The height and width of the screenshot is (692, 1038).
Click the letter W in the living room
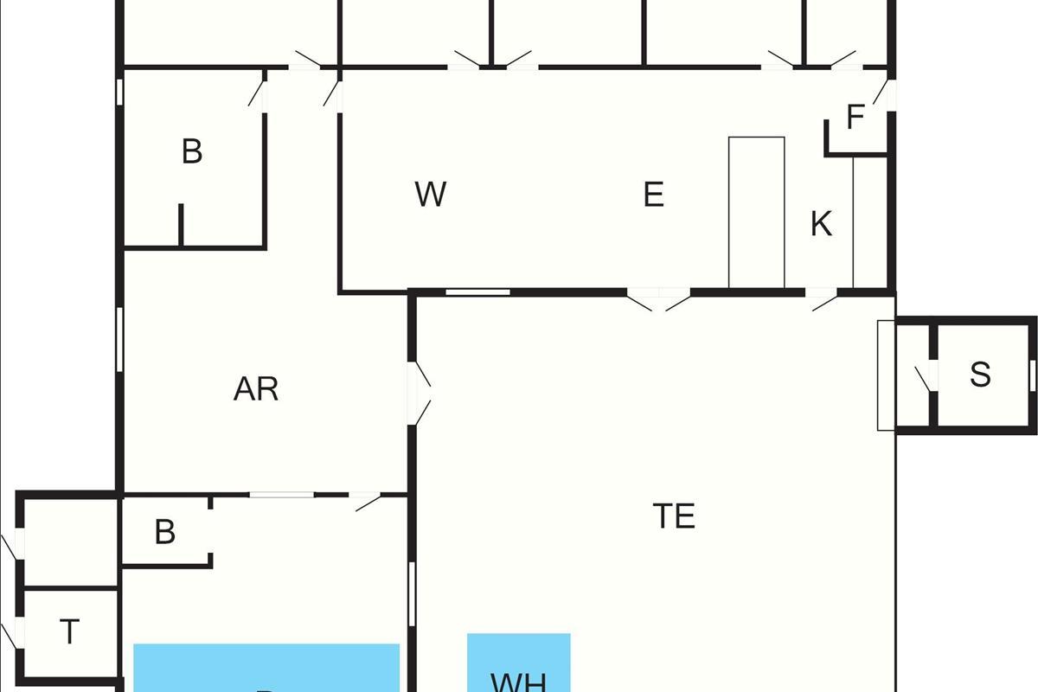[x=430, y=195]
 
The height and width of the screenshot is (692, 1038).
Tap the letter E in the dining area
[x=654, y=195]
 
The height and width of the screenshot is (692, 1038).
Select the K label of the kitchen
[x=821, y=224]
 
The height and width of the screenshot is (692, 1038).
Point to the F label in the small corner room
[x=855, y=118]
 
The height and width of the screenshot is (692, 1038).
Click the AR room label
[x=256, y=389]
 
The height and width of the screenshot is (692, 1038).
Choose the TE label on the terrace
[x=674, y=516]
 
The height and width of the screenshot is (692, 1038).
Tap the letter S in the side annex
[x=979, y=375]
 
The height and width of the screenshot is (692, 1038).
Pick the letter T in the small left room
[x=69, y=632]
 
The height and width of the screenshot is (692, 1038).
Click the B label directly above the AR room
[x=192, y=151]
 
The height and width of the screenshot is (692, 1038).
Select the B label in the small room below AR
[x=164, y=532]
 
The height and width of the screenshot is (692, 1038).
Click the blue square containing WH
[x=519, y=663]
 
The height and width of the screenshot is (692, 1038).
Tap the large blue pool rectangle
[x=266, y=668]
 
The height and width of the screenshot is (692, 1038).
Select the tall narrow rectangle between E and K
[x=756, y=212]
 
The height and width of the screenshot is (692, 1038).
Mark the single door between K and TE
[x=823, y=299]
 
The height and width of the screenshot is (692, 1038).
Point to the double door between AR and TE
[x=420, y=393]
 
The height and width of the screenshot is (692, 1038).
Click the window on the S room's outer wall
[x=1032, y=375]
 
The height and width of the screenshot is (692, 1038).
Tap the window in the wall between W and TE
[x=477, y=293]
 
